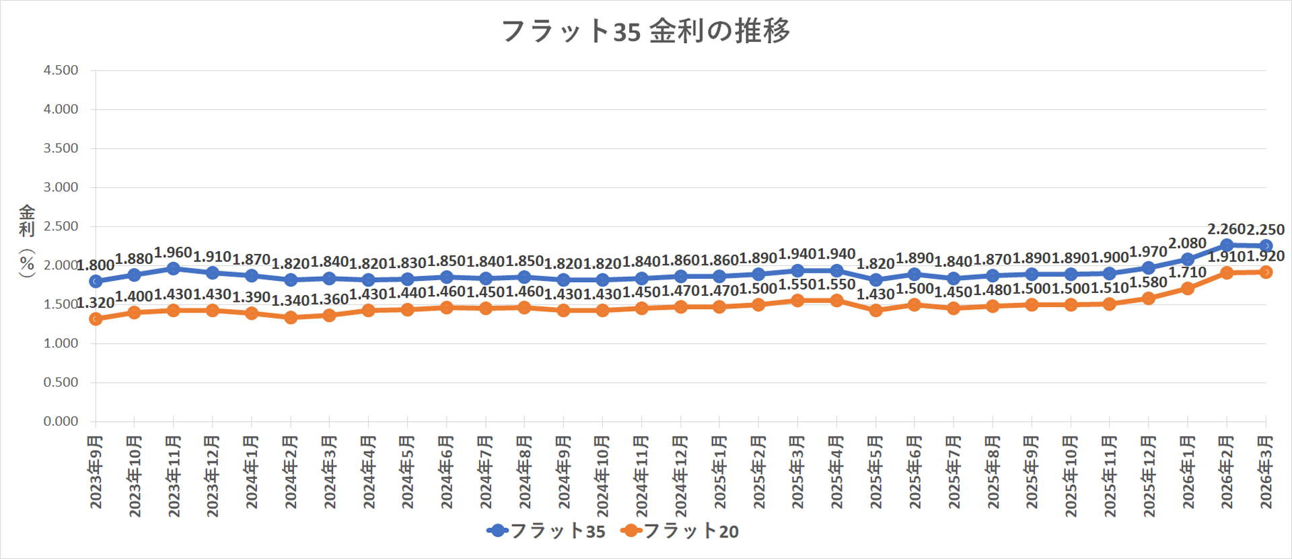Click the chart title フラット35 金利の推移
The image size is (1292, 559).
[645, 31]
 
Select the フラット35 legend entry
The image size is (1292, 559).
[546, 531]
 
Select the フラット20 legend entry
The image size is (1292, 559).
[680, 531]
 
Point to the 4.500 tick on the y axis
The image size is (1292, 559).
[61, 70]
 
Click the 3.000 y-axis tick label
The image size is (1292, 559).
[61, 187]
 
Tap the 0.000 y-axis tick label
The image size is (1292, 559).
[61, 421]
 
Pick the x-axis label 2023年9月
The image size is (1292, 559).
[96, 471]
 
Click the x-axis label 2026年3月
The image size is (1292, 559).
[1266, 471]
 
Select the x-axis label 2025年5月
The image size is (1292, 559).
[875, 471]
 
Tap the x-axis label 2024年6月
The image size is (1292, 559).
[446, 471]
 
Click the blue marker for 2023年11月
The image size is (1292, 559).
[174, 269]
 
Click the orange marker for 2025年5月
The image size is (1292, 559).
[875, 310]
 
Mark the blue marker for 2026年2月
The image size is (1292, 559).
[1227, 245]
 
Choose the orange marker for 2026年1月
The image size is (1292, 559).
[1188, 288]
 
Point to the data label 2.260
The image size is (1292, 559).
[1226, 230]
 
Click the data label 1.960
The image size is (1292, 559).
[173, 253]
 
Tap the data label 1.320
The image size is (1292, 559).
[96, 304]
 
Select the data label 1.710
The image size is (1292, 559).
[1187, 273]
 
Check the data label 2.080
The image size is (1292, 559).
[1187, 243]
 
